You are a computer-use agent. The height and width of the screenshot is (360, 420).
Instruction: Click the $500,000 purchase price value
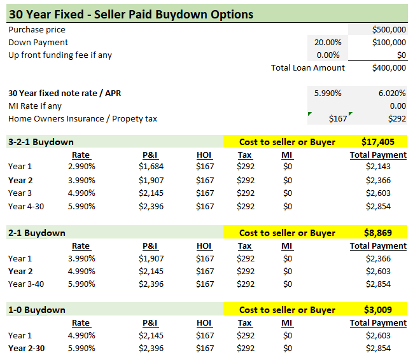tap(389, 29)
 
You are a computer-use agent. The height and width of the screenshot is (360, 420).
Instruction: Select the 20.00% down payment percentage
tap(328, 42)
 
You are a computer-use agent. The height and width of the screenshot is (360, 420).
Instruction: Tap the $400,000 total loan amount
tap(389, 68)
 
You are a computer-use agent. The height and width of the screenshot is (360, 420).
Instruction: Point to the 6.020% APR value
tap(392, 93)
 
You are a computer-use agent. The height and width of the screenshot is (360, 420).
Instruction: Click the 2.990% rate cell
tap(81, 167)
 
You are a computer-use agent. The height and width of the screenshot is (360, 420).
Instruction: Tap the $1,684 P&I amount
tap(151, 167)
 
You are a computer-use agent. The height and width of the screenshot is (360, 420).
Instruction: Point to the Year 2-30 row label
tap(26, 348)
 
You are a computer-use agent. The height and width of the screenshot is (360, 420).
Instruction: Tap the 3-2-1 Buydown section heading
tap(41, 142)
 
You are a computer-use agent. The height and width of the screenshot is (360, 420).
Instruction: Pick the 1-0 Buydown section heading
tap(36, 310)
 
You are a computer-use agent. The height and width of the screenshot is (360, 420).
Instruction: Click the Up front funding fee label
tap(60, 55)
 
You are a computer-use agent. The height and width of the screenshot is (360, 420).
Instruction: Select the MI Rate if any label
tap(35, 106)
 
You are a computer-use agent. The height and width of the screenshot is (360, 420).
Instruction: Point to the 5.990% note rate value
tap(328, 93)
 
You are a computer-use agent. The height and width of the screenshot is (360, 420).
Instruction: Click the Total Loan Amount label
tap(308, 67)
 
